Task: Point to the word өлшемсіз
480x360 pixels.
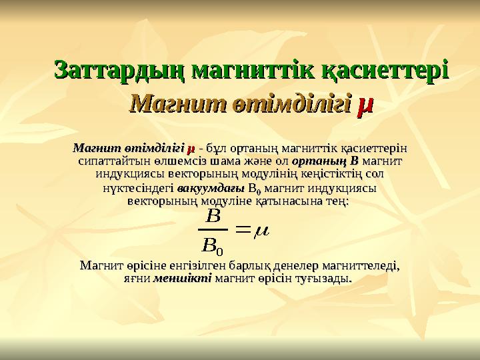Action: [163, 161]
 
